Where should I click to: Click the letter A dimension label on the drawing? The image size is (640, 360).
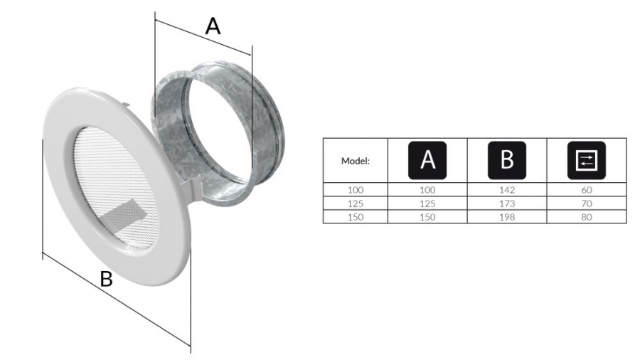pyautogui.click(x=213, y=26)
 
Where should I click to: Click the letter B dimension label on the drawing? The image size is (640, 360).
pyautogui.click(x=106, y=279)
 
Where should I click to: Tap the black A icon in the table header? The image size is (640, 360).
pyautogui.click(x=427, y=160)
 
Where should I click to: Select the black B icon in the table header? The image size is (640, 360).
pyautogui.click(x=507, y=160)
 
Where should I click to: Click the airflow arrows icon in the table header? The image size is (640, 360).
pyautogui.click(x=587, y=160)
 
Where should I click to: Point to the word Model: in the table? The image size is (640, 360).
pyautogui.click(x=356, y=161)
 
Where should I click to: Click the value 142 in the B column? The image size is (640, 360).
pyautogui.click(x=507, y=190)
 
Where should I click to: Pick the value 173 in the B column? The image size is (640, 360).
pyautogui.click(x=507, y=203)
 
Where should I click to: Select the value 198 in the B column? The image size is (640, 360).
pyautogui.click(x=507, y=217)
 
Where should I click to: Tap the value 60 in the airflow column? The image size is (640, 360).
pyautogui.click(x=587, y=190)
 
